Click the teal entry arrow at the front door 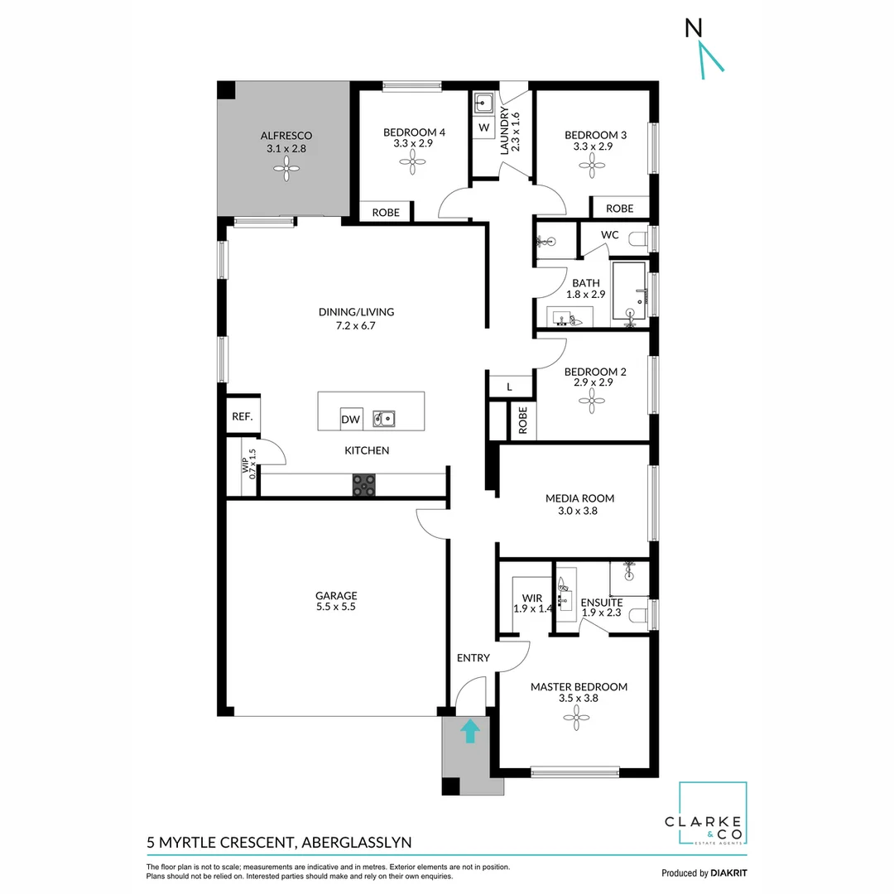point(469,731)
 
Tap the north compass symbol point(704,51)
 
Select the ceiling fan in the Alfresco point(286,171)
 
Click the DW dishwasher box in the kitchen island point(351,420)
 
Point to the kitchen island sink point(383,419)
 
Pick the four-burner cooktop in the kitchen point(363,484)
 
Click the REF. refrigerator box point(242,417)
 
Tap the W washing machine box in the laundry point(483,128)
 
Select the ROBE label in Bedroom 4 point(385,213)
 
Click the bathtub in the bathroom point(633,291)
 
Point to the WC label point(609,235)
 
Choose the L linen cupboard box point(509,387)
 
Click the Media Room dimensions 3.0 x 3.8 point(579,511)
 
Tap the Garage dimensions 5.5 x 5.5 point(335,607)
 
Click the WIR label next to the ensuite point(531,598)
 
